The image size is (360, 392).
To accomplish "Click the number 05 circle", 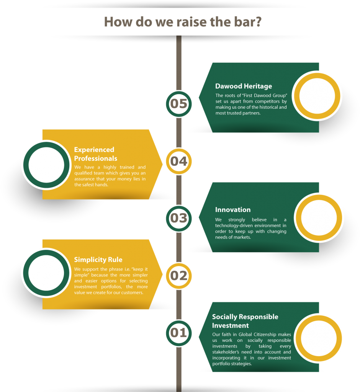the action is pyautogui.click(x=178, y=104).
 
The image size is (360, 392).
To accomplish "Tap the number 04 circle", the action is pyautogui.click(x=178, y=161).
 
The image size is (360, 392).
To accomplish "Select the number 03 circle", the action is pyautogui.click(x=178, y=219).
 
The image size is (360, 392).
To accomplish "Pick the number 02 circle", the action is pyautogui.click(x=178, y=276).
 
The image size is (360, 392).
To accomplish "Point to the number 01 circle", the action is pyautogui.click(x=178, y=333).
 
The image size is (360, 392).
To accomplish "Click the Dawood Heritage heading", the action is pyautogui.click(x=244, y=86).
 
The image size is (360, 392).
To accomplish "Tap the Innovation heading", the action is pyautogui.click(x=233, y=210).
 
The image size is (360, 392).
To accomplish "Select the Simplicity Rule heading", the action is pyautogui.click(x=98, y=260).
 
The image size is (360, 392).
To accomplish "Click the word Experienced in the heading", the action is pyautogui.click(x=94, y=150).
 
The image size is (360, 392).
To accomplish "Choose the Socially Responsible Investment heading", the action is pyautogui.click(x=245, y=321).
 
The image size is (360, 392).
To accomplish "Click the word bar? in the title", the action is pyautogui.click(x=248, y=22).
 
